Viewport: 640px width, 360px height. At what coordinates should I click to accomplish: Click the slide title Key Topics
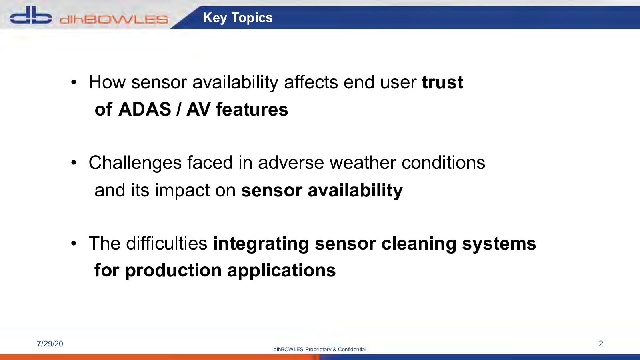238,18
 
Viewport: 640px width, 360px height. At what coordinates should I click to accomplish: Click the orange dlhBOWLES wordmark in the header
114,20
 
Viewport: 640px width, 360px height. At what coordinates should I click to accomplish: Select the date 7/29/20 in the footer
50,344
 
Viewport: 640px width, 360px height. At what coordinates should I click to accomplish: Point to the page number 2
601,344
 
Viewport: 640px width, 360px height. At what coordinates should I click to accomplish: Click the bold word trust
442,82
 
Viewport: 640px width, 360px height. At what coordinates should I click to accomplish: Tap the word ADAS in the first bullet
144,110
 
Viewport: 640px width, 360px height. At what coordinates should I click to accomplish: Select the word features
252,110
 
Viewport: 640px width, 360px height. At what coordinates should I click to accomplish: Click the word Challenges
135,163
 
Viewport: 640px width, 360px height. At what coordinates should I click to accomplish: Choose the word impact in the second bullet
182,190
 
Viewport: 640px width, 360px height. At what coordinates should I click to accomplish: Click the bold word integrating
261,244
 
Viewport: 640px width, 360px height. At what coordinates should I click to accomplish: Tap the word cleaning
418,244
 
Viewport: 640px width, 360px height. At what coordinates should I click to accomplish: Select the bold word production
174,270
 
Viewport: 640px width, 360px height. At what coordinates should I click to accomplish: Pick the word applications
282,270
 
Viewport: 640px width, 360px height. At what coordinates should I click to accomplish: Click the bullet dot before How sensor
74,82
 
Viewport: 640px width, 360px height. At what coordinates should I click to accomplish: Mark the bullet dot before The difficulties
74,244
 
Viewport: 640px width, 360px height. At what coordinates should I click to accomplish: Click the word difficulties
166,244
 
